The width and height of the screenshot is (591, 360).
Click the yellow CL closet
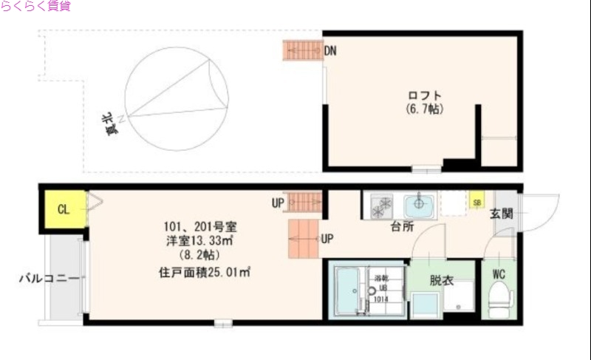click(64, 209)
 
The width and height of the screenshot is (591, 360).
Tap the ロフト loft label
click(425, 96)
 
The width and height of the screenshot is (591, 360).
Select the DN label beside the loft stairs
click(331, 51)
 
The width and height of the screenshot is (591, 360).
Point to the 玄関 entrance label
click(502, 214)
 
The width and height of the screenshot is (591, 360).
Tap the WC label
click(499, 275)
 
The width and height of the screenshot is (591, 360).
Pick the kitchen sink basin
click(420, 202)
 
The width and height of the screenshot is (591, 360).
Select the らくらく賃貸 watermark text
click(36, 7)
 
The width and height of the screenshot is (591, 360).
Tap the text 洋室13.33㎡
click(199, 240)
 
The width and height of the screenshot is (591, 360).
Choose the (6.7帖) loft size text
click(425, 109)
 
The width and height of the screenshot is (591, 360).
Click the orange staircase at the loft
click(303, 51)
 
